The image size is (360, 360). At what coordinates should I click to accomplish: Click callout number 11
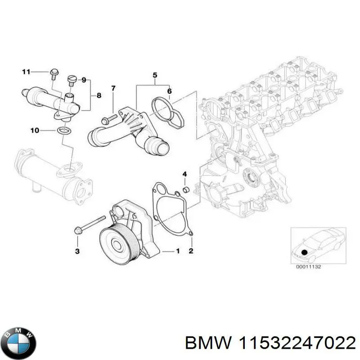click(26, 72)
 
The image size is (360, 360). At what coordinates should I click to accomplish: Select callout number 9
click(83, 80)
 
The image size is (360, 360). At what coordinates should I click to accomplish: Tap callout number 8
click(99, 95)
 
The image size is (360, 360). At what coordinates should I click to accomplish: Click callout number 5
click(154, 74)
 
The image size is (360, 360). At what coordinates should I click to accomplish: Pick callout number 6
click(169, 91)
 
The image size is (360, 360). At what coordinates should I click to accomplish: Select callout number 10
click(35, 130)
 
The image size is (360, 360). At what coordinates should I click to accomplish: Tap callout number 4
click(184, 174)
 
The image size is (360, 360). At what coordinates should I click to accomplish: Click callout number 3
click(77, 251)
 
